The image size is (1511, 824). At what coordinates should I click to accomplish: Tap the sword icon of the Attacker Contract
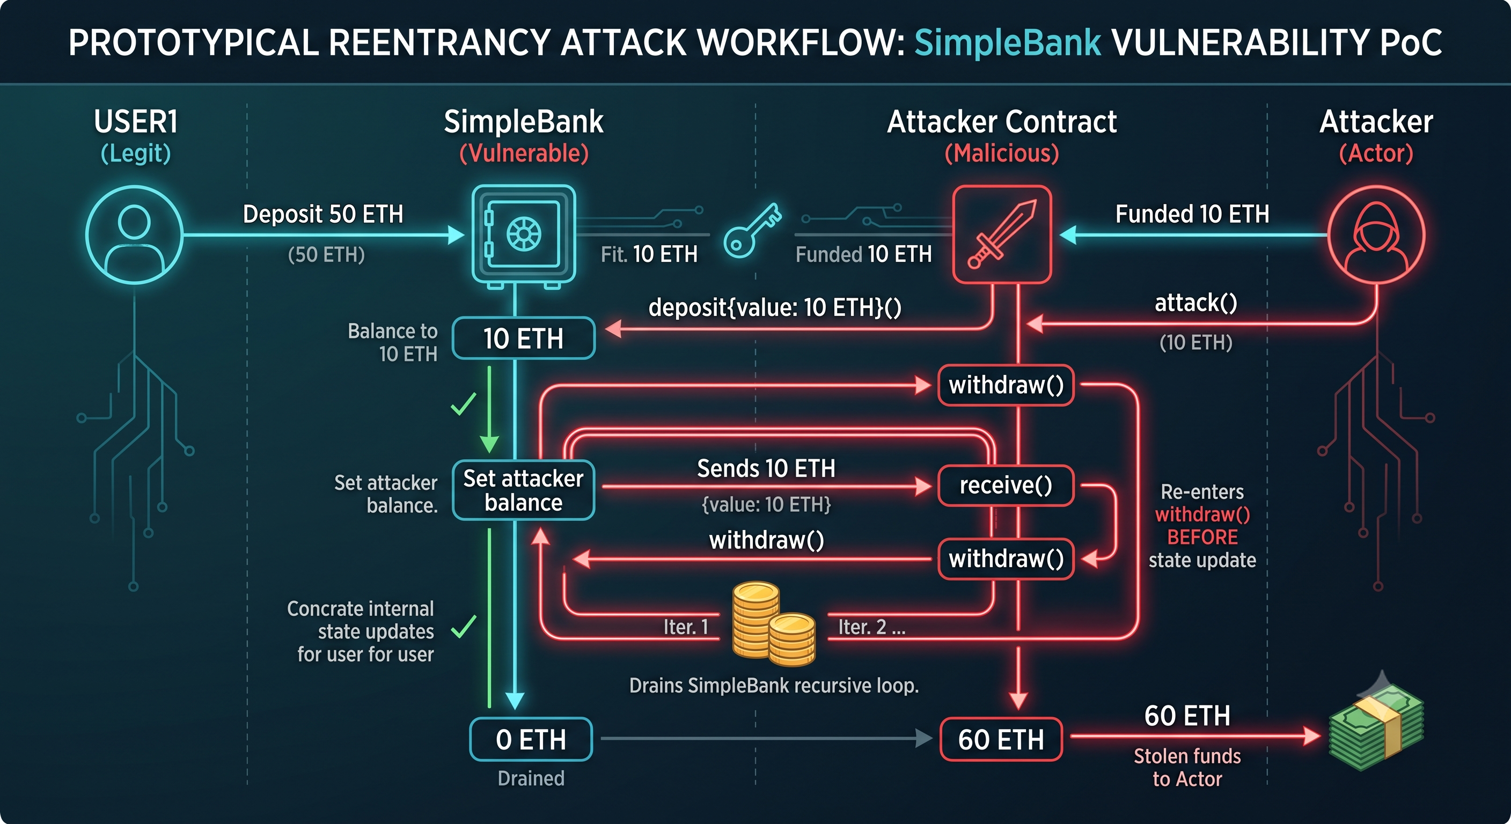1002,234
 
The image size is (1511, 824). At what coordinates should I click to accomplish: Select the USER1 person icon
134,235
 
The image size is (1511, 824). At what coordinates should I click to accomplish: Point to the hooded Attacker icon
1376,235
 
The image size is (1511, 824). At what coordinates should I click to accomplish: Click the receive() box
1006,485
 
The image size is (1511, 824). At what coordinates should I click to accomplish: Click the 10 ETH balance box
524,339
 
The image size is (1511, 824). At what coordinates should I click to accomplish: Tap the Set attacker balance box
524,490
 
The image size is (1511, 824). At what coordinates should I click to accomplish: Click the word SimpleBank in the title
1008,43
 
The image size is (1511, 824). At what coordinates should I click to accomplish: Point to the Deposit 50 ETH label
323,214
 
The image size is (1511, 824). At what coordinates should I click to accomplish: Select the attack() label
1196,303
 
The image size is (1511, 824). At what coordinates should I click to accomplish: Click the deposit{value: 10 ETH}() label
775,307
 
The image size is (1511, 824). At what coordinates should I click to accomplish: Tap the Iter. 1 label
686,627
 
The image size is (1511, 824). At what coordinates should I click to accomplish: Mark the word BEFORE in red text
1202,537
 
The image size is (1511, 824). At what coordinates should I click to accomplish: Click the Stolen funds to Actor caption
1187,768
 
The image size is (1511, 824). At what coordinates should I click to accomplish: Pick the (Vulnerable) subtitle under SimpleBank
524,153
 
